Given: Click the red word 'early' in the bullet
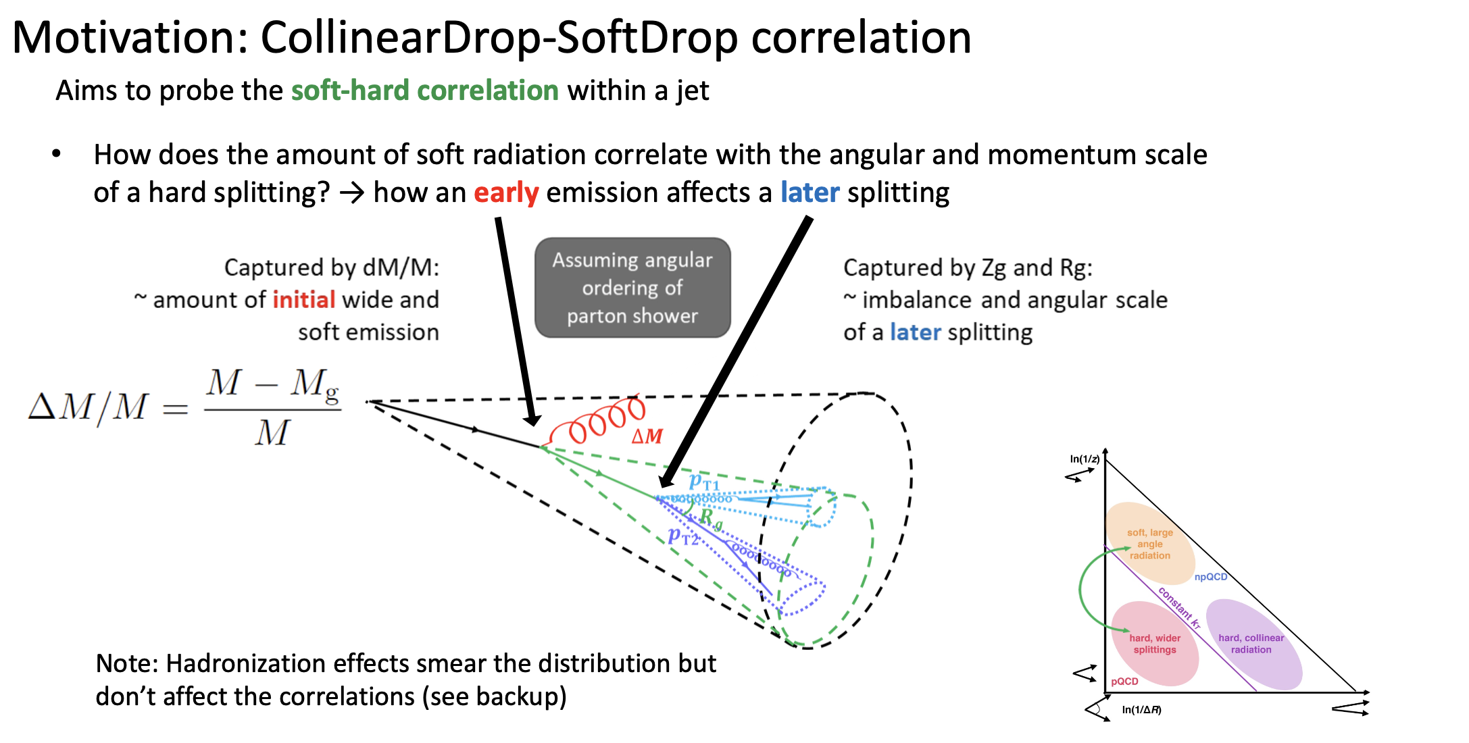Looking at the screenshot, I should click(x=506, y=193).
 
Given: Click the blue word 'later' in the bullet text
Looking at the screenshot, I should click(x=810, y=193).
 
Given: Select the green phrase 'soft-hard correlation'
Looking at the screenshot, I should click(x=424, y=91).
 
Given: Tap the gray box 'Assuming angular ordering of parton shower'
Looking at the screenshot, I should click(x=632, y=288).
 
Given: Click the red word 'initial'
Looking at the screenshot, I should click(x=304, y=300).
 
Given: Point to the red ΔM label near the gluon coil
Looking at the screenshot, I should click(x=647, y=436).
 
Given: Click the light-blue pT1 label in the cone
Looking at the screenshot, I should click(x=704, y=482).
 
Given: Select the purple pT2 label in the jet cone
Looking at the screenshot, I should click(x=682, y=537).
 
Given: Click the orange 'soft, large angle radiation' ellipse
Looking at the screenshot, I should click(x=1149, y=544).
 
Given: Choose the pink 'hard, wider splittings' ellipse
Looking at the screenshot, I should click(x=1155, y=643).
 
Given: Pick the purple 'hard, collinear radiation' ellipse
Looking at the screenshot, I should click(x=1251, y=643).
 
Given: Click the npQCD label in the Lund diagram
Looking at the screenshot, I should click(x=1210, y=577).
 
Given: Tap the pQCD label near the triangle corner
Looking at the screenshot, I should click(x=1124, y=682).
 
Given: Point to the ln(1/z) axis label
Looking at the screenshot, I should click(x=1085, y=459).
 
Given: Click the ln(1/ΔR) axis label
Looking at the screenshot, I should click(x=1141, y=710).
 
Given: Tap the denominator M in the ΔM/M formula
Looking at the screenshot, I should click(x=272, y=433).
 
